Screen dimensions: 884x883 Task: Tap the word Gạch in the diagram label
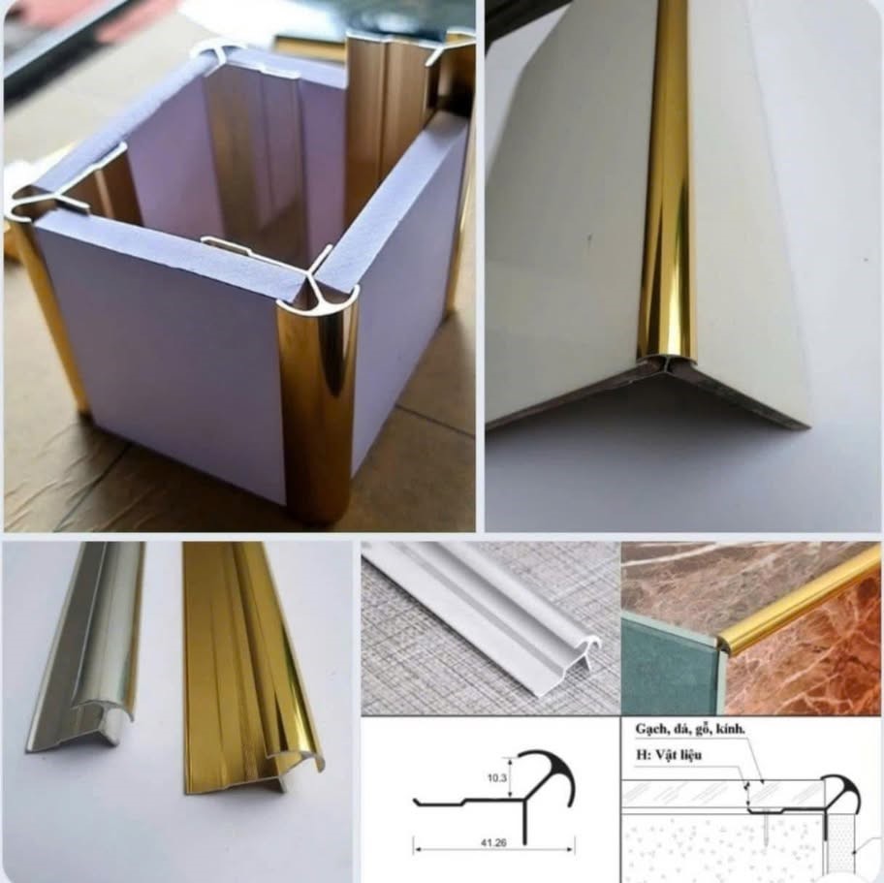pyautogui.click(x=648, y=729)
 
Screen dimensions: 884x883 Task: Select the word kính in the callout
pyautogui.click(x=731, y=729)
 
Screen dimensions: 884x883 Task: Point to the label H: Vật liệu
pyautogui.click(x=669, y=754)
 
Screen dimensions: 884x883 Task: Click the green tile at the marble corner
pyautogui.click(x=667, y=676)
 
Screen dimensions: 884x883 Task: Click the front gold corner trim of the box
pyautogui.click(x=317, y=406)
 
